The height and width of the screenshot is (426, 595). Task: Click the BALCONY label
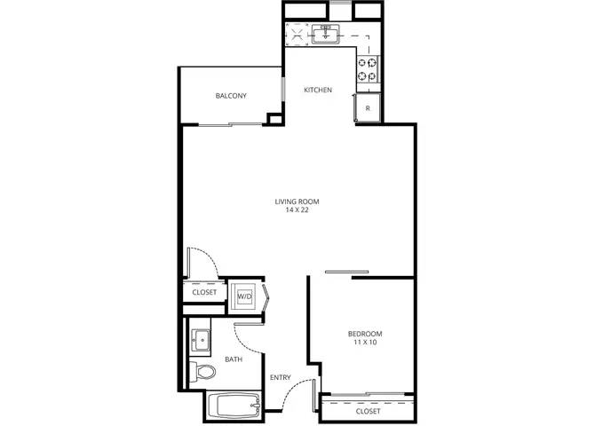[231, 96]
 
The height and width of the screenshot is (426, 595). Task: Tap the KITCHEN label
[318, 90]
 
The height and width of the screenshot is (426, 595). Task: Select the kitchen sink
[326, 34]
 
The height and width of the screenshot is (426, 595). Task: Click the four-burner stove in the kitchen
[368, 69]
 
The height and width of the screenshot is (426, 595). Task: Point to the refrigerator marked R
[368, 108]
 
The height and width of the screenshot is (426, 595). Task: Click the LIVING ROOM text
[297, 201]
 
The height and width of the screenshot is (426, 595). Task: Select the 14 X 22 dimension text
[297, 210]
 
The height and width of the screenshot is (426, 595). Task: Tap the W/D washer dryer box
[245, 296]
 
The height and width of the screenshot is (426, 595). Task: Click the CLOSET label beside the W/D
[204, 293]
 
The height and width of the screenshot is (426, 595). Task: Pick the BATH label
[234, 359]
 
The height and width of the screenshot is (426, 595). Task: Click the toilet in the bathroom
[202, 372]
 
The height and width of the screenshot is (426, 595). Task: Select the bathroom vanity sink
[201, 341]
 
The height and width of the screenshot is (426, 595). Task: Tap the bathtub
[234, 406]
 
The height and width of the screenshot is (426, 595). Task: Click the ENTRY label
[281, 377]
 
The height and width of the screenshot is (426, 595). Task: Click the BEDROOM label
[365, 334]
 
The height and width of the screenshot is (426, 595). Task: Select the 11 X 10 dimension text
[365, 343]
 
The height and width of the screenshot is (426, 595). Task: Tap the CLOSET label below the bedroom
[368, 411]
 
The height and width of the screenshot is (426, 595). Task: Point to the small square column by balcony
[274, 119]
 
